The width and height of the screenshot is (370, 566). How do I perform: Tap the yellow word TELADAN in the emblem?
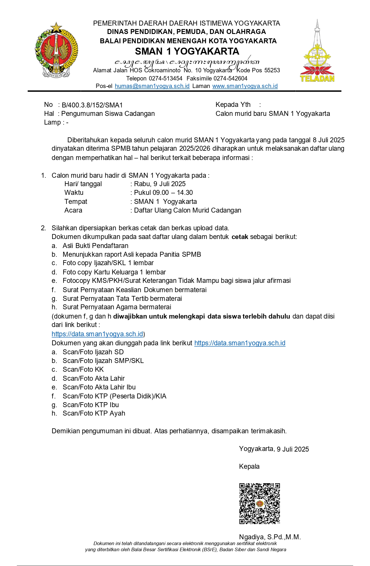pyautogui.click(x=317, y=78)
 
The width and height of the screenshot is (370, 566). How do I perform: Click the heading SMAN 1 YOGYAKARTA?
pyautogui.click(x=187, y=51)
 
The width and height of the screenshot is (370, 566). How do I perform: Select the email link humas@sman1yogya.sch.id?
pyautogui.click(x=152, y=86)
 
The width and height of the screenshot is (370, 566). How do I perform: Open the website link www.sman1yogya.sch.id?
pyautogui.click(x=245, y=86)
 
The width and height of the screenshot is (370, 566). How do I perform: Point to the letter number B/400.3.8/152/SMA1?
pyautogui.click(x=92, y=105)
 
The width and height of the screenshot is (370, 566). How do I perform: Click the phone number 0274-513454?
pyautogui.click(x=165, y=78)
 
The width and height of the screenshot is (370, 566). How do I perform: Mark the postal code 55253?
pyautogui.click(x=272, y=70)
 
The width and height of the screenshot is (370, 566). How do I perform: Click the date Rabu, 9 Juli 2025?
pyautogui.click(x=160, y=184)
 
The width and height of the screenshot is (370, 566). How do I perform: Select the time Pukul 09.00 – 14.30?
pyautogui.click(x=163, y=193)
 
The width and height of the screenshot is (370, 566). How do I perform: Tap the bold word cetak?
pyautogui.click(x=240, y=237)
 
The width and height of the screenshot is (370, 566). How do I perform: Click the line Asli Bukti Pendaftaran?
pyautogui.click(x=95, y=246)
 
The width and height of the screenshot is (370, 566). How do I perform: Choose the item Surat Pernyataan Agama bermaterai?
pyautogui.click(x=117, y=307)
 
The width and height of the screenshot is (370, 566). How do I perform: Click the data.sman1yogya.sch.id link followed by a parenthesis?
pyautogui.click(x=97, y=334)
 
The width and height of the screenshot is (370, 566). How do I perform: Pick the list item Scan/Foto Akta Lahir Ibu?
pyautogui.click(x=99, y=387)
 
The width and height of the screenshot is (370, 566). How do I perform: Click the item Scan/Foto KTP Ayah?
pyautogui.click(x=94, y=413)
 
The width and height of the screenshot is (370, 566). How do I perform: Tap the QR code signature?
pyautogui.click(x=259, y=503)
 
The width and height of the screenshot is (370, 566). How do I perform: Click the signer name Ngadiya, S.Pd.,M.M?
pyautogui.click(x=270, y=537)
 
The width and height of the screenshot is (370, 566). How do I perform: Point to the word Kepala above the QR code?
pyautogui.click(x=249, y=466)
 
